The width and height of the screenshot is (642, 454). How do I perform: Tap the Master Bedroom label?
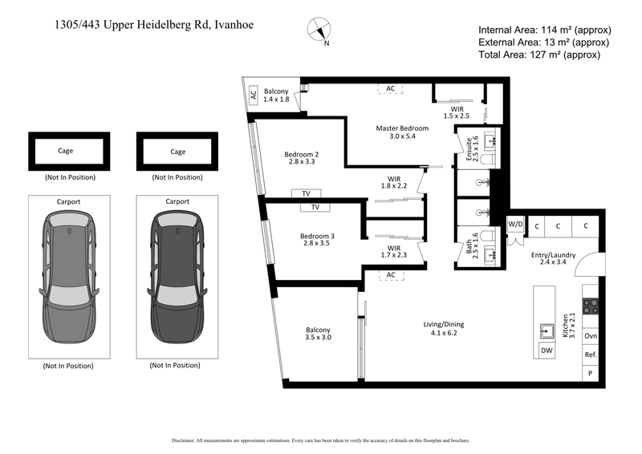pos(402,132)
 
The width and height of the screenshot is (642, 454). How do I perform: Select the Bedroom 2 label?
pos(302,160)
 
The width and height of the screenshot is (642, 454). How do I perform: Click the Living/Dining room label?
pos(444,329)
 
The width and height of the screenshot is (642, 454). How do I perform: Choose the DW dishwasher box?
pos(546,351)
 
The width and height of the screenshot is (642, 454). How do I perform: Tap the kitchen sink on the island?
pos(547,330)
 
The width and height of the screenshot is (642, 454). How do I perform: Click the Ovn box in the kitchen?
pos(591,336)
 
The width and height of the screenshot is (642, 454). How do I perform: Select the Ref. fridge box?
pos(591,355)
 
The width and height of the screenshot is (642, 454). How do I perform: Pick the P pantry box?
pos(591,373)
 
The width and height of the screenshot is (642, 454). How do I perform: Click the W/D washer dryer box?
pos(514,225)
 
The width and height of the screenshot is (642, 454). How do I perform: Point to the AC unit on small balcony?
pos(254,95)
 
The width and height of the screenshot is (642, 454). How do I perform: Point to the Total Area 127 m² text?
pos(539,55)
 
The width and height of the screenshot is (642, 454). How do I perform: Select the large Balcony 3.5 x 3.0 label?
pos(318,334)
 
